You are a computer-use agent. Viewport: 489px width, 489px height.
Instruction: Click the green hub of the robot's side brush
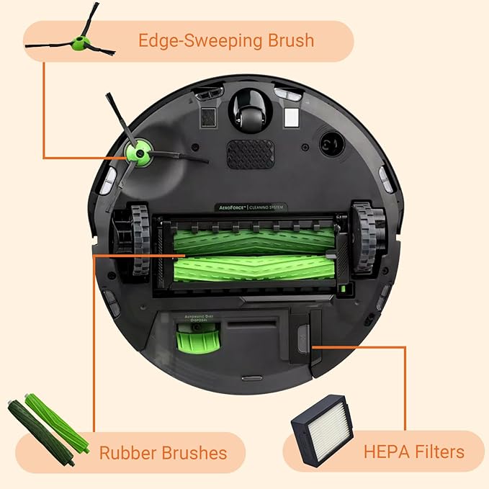[x=134, y=151]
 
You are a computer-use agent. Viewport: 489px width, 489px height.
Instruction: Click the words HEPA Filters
[x=413, y=452]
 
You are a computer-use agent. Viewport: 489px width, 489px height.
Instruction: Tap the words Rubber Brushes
[x=163, y=453]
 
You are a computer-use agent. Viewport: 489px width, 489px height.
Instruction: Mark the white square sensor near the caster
[x=291, y=117]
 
